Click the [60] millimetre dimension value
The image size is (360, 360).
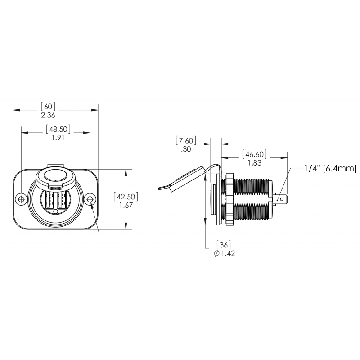[48, 107]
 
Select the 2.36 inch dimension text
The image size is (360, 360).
[48, 116]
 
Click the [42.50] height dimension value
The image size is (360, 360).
[126, 197]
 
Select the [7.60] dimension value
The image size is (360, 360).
[185, 141]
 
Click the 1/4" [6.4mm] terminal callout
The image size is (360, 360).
[330, 169]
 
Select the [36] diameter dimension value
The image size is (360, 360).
[224, 245]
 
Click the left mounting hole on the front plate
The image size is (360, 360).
[21, 199]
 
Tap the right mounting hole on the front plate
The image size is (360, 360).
[90, 199]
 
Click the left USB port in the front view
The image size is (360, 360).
[49, 200]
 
